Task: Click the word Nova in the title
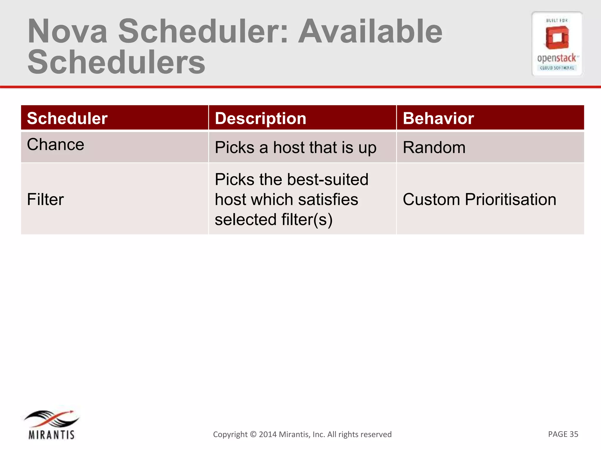coord(67,32)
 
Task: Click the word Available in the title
coord(370,32)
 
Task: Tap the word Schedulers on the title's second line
coord(116,62)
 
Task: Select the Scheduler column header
coord(67,118)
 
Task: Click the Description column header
coord(260,118)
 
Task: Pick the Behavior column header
coord(438,118)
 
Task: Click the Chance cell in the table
coord(55,144)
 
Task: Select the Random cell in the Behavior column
coord(434,147)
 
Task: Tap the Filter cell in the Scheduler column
coord(45,200)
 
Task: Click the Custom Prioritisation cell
coord(479,200)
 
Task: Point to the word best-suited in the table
coord(328,179)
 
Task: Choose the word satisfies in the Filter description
coord(328,200)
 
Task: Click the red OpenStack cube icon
coord(557,37)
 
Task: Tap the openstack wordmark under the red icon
coord(557,58)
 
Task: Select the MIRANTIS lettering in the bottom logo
coord(51,435)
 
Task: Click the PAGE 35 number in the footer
coord(563,434)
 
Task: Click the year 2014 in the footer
coord(268,434)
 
